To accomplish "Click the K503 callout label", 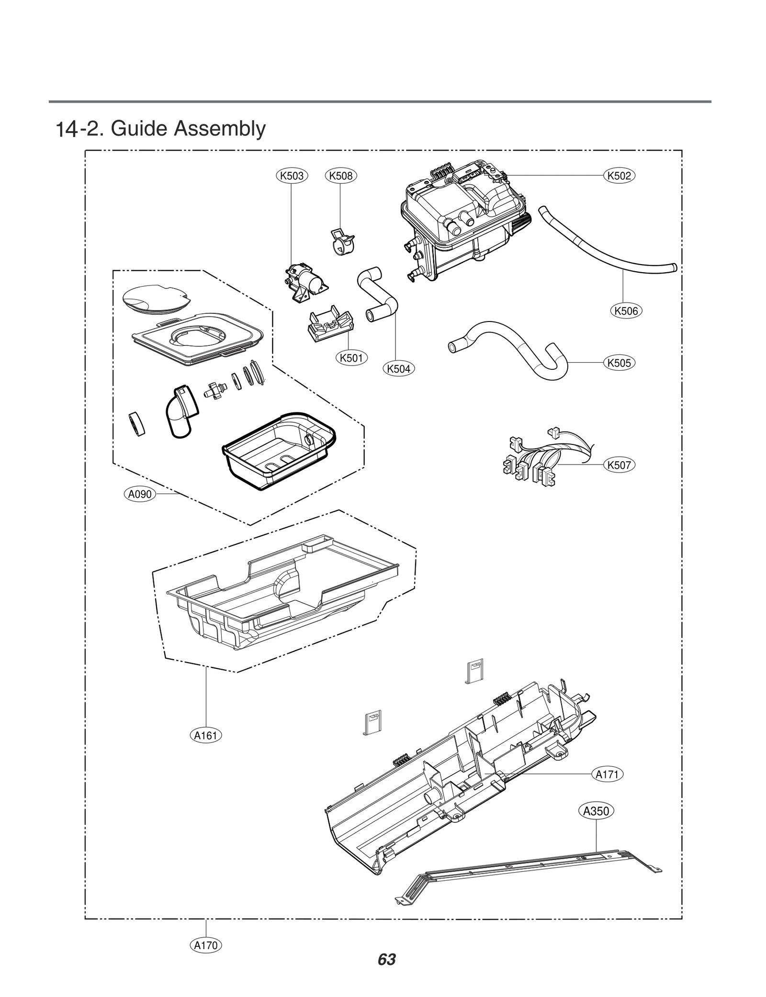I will point(292,176).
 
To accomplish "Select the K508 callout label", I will point(340,176).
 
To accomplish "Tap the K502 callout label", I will point(619,176).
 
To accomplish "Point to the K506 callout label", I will point(626,311).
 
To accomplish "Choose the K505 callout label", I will point(619,363).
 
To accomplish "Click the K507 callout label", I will point(619,465).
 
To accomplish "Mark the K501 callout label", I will point(351,358).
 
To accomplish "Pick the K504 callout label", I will point(398,368).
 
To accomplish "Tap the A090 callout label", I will point(140,494).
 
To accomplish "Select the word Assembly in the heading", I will point(219,129).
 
